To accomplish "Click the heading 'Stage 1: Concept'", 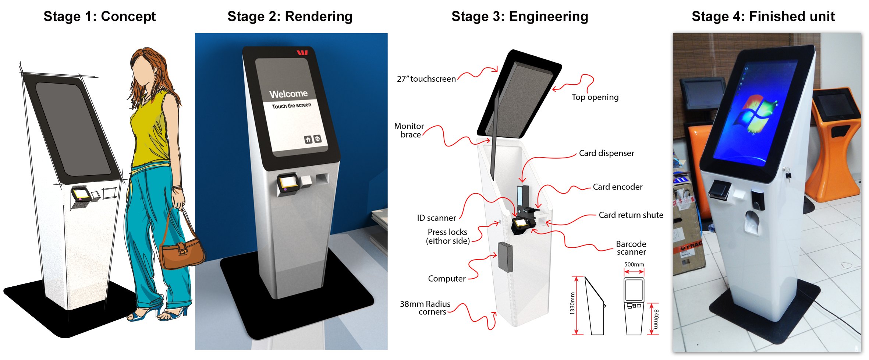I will pyautogui.click(x=99, y=17).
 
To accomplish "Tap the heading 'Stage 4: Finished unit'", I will pyautogui.click(x=763, y=17).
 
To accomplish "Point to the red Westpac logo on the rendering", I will pyautogui.click(x=302, y=53).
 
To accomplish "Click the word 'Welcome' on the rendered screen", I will pyautogui.click(x=288, y=94).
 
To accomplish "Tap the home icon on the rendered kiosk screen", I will pyautogui.click(x=308, y=140).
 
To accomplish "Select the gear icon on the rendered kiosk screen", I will pyautogui.click(x=318, y=139).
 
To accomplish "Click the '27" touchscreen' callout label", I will pyautogui.click(x=426, y=79).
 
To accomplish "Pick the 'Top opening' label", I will pyautogui.click(x=595, y=97).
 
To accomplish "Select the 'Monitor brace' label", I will pyautogui.click(x=409, y=131).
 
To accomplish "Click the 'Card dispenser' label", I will pyautogui.click(x=606, y=153).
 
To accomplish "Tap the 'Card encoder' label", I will pyautogui.click(x=617, y=187).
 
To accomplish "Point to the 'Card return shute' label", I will pyautogui.click(x=631, y=215).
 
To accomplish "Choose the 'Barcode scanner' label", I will pyautogui.click(x=631, y=248).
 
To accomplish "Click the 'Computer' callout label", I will pyautogui.click(x=447, y=279).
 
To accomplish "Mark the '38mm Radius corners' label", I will pyautogui.click(x=425, y=308).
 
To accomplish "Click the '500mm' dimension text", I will pyautogui.click(x=634, y=264).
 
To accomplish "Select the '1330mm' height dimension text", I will pyautogui.click(x=572, y=303).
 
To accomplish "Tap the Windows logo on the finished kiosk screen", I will pyautogui.click(x=756, y=114).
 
